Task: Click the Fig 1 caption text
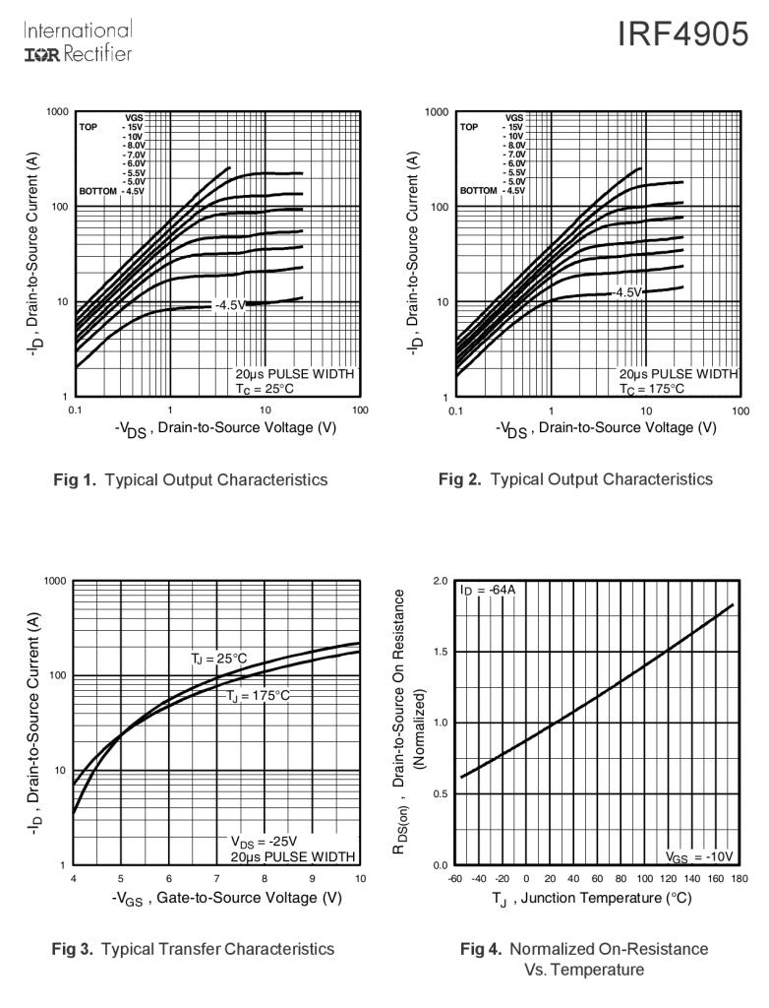(190, 480)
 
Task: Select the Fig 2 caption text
(575, 479)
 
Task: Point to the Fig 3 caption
(193, 949)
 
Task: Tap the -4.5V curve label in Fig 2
(625, 292)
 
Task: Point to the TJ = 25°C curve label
(219, 658)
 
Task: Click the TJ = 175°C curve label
(258, 696)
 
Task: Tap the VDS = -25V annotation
(264, 841)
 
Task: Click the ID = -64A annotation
(487, 590)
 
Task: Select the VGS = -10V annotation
(699, 855)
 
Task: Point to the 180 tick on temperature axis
(740, 878)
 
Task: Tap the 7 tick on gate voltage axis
(216, 878)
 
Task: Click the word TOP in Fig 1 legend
(89, 127)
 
